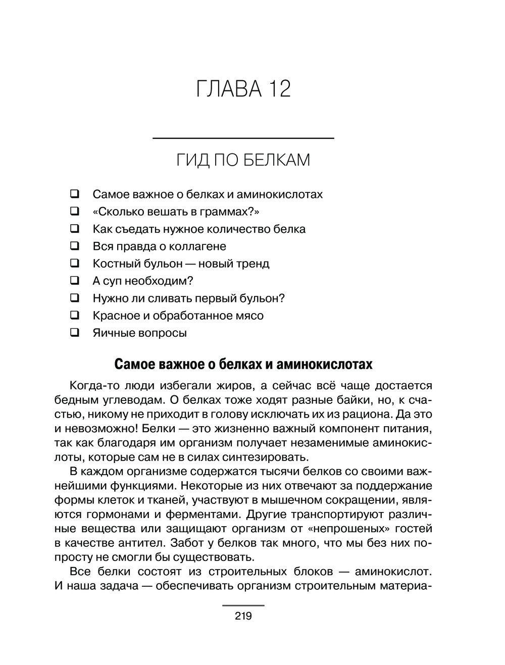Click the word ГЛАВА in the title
(x=229, y=89)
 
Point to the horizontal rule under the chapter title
(x=243, y=138)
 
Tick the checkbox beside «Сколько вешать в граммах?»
(x=75, y=211)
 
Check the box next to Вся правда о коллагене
(x=75, y=246)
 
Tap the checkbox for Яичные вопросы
(x=75, y=332)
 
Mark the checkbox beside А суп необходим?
(x=75, y=280)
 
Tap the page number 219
(x=243, y=616)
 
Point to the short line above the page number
(x=243, y=604)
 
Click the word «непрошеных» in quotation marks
(x=348, y=529)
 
